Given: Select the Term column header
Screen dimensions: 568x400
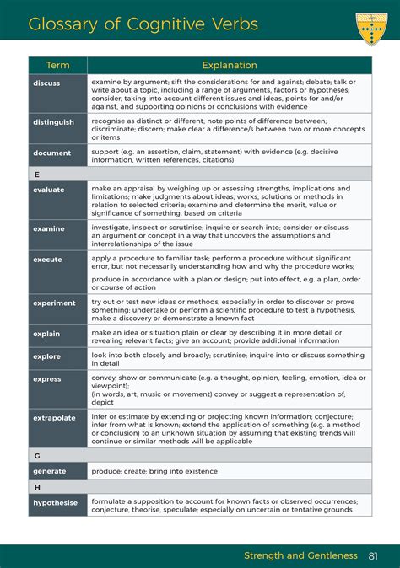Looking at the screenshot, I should [x=57, y=65].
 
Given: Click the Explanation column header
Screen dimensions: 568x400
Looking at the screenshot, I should [x=230, y=65].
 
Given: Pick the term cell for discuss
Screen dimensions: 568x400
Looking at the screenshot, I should [x=47, y=83].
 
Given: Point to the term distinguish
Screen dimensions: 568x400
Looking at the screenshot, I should [x=54, y=121].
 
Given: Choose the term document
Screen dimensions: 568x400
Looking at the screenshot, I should [x=52, y=153].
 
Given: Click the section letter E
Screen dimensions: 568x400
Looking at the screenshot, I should [x=37, y=174].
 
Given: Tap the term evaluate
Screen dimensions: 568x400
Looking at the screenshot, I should [x=49, y=190].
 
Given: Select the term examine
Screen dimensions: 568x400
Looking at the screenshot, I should [x=49, y=228].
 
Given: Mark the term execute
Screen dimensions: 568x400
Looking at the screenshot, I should [x=48, y=260].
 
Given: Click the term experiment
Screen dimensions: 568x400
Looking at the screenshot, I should [x=55, y=303].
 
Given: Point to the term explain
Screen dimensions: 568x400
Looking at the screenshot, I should [x=47, y=334].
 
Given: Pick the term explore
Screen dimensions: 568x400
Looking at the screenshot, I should [x=47, y=356].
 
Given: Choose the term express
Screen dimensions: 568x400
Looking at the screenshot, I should [x=47, y=379].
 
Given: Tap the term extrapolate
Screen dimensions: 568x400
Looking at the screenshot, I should [x=54, y=417].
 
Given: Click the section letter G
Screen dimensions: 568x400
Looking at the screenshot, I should [x=37, y=455].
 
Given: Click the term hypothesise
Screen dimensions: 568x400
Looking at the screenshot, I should [x=56, y=502].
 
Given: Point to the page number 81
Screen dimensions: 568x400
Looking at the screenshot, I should [x=374, y=555].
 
